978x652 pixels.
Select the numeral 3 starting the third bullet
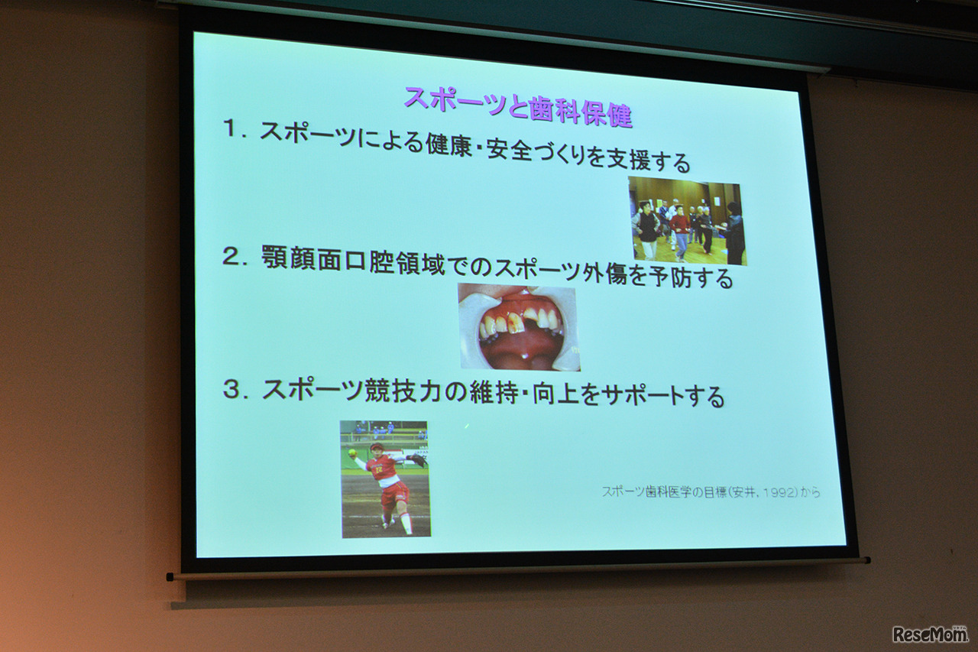[232, 388]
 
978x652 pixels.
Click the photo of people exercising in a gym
[687, 221]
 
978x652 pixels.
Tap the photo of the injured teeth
[519, 327]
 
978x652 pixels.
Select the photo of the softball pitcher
[385, 478]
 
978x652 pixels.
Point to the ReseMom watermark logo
[929, 634]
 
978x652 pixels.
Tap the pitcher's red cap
[376, 446]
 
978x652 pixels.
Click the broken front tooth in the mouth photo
[517, 323]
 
